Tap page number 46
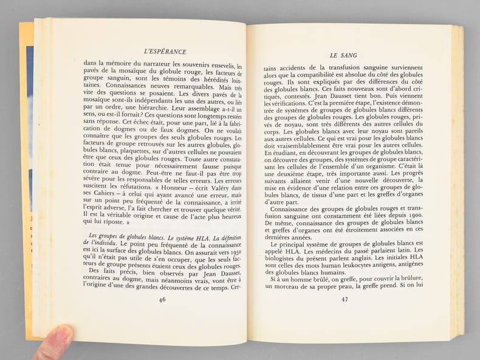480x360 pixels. point(162,299)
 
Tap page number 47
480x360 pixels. point(345,298)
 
